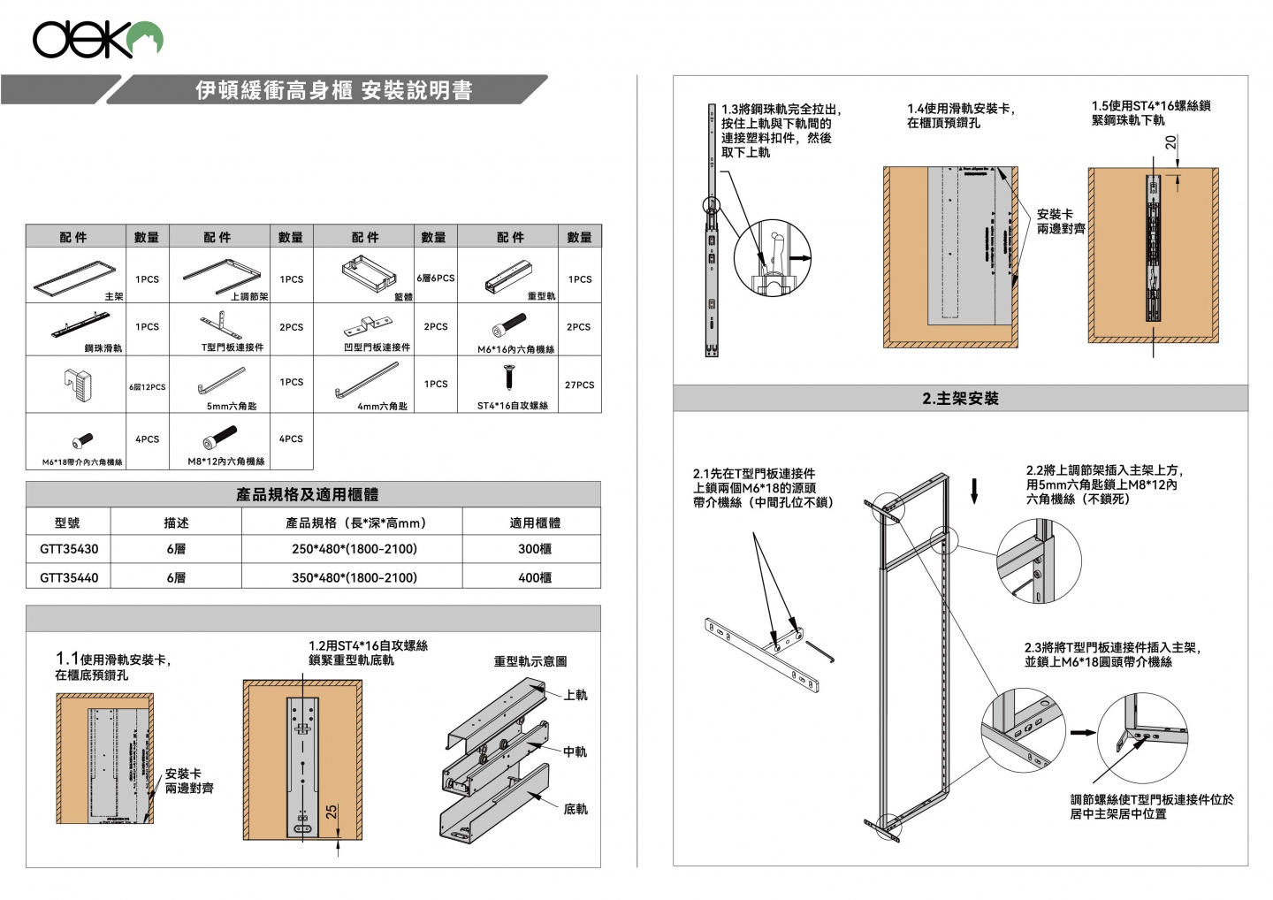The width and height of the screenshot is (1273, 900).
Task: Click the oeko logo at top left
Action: [97, 40]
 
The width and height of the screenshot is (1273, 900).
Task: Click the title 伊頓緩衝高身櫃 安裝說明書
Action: [333, 90]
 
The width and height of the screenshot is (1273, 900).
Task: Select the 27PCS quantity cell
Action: [579, 385]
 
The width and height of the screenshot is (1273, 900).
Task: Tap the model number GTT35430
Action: [69, 549]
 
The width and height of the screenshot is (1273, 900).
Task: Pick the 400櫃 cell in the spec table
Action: [535, 578]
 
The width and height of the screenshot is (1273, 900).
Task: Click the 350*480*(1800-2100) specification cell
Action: [354, 578]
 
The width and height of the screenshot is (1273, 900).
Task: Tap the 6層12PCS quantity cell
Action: [147, 387]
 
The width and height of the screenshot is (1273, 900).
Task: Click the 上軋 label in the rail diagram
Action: [576, 695]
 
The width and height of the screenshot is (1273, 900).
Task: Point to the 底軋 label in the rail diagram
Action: [576, 809]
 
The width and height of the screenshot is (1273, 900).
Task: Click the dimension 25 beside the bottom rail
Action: [332, 811]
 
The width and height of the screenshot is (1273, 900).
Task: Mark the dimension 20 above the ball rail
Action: [1170, 142]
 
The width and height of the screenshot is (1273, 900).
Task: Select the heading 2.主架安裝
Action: [960, 399]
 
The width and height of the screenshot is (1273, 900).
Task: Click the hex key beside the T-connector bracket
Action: [819, 652]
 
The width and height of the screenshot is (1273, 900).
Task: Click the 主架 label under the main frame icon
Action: [114, 297]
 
